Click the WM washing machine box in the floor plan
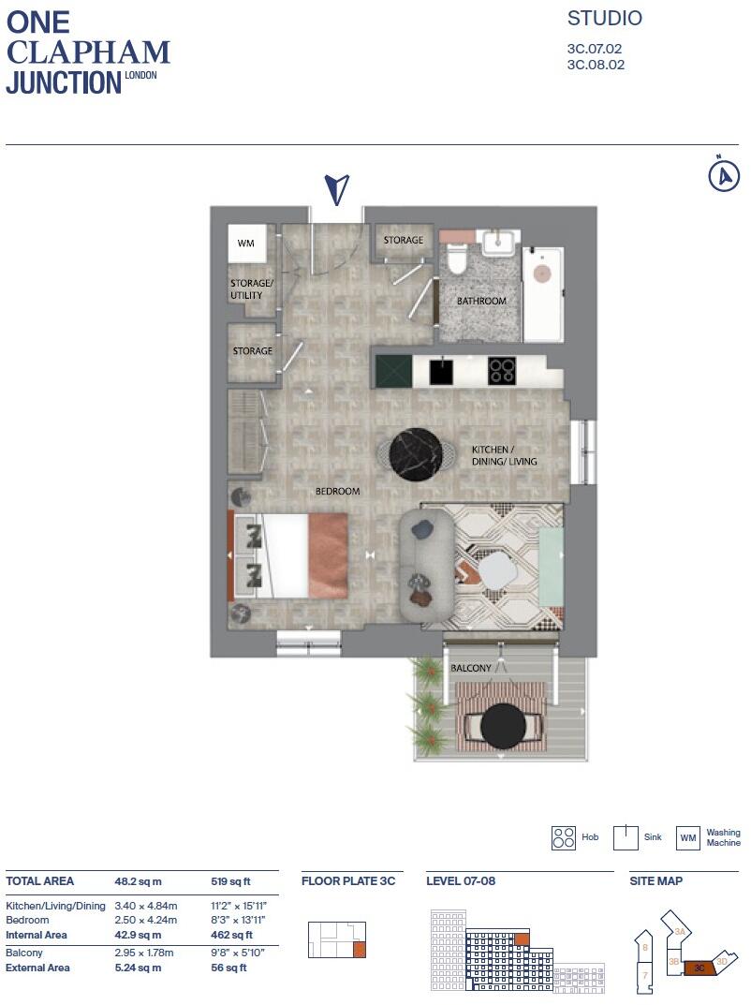click(246, 244)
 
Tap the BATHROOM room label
click(481, 302)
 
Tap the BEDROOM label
click(337, 491)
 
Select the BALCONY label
click(470, 668)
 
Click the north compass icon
click(723, 175)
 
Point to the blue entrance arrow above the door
click(336, 188)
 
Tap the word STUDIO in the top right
click(605, 19)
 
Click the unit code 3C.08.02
click(596, 66)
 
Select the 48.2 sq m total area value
click(138, 881)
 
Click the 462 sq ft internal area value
click(230, 935)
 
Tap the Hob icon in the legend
click(564, 837)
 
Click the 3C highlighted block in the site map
click(699, 968)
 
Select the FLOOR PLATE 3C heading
click(348, 881)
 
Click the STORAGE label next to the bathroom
click(404, 241)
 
